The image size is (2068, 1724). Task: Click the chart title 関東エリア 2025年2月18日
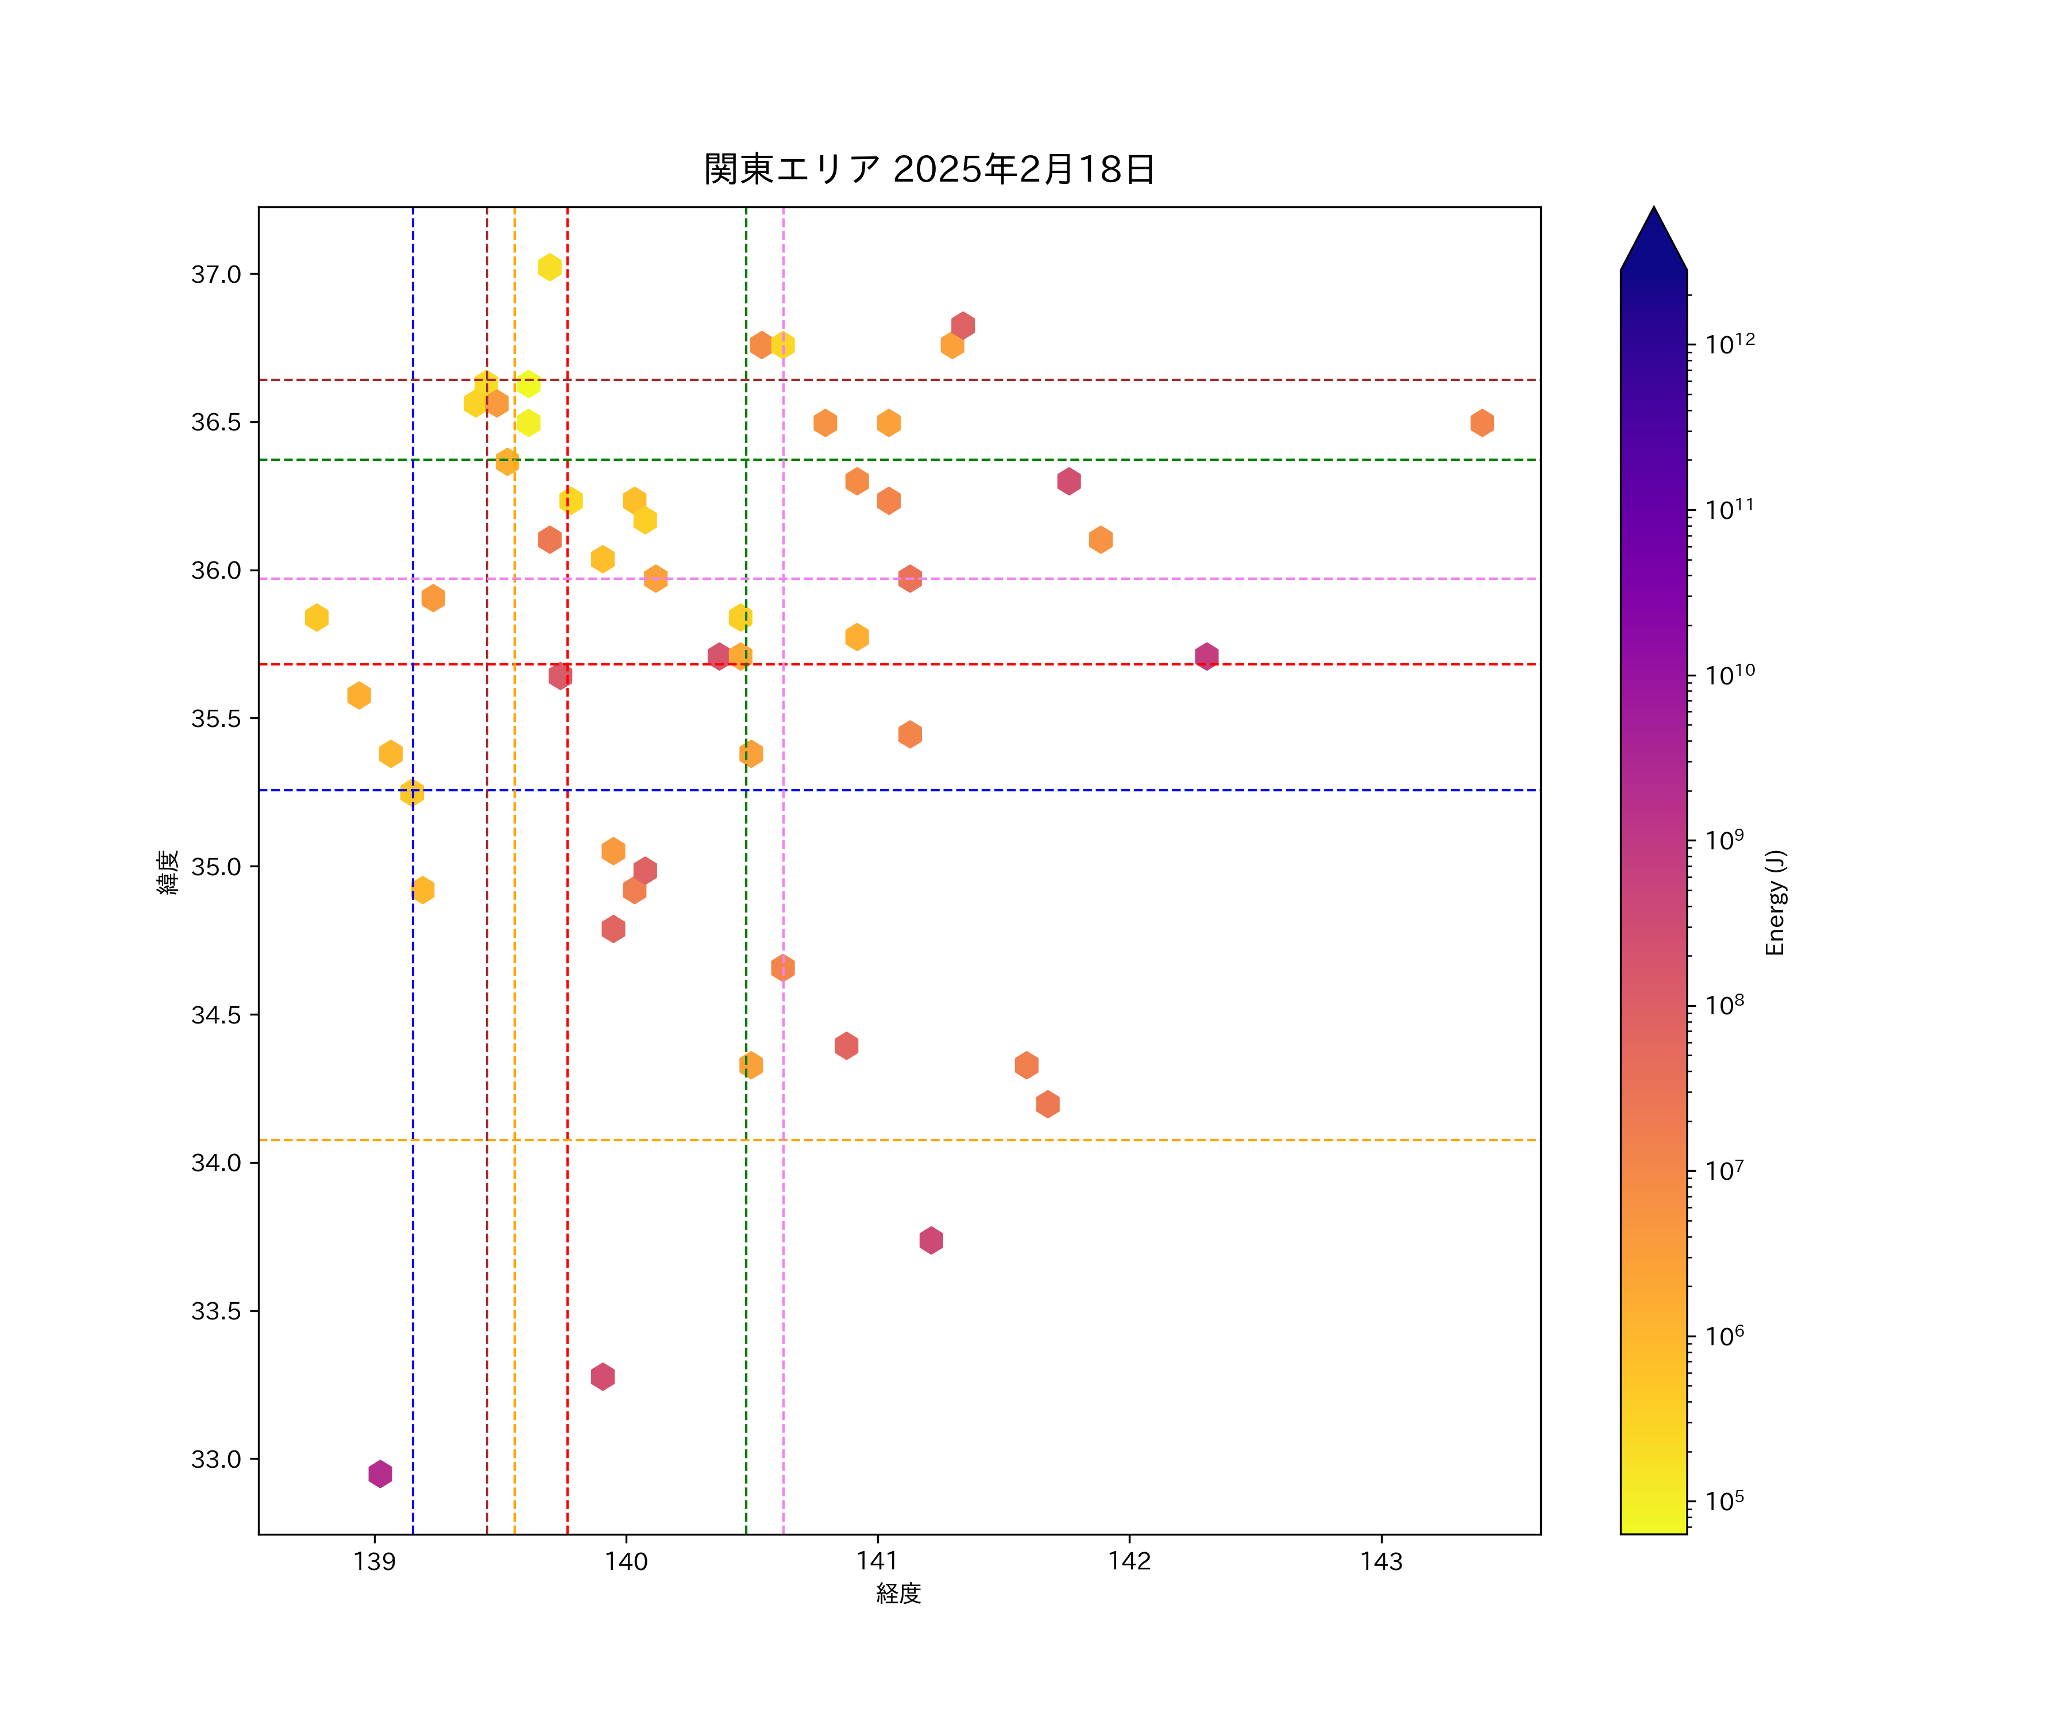tap(929, 170)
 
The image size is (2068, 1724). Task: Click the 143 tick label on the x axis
tap(1380, 1561)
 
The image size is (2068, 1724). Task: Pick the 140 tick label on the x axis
tap(626, 1561)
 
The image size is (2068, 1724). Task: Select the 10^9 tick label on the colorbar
tap(1724, 840)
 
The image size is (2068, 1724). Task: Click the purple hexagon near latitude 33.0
tap(380, 1474)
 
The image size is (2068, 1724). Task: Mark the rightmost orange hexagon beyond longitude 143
tap(1482, 422)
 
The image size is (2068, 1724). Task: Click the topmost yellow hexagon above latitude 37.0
tap(550, 267)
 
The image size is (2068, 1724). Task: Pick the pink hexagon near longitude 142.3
tap(1206, 656)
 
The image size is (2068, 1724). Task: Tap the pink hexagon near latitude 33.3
tap(603, 1376)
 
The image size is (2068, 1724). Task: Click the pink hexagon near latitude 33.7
tap(931, 1240)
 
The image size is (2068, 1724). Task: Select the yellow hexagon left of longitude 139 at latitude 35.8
tap(316, 618)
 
